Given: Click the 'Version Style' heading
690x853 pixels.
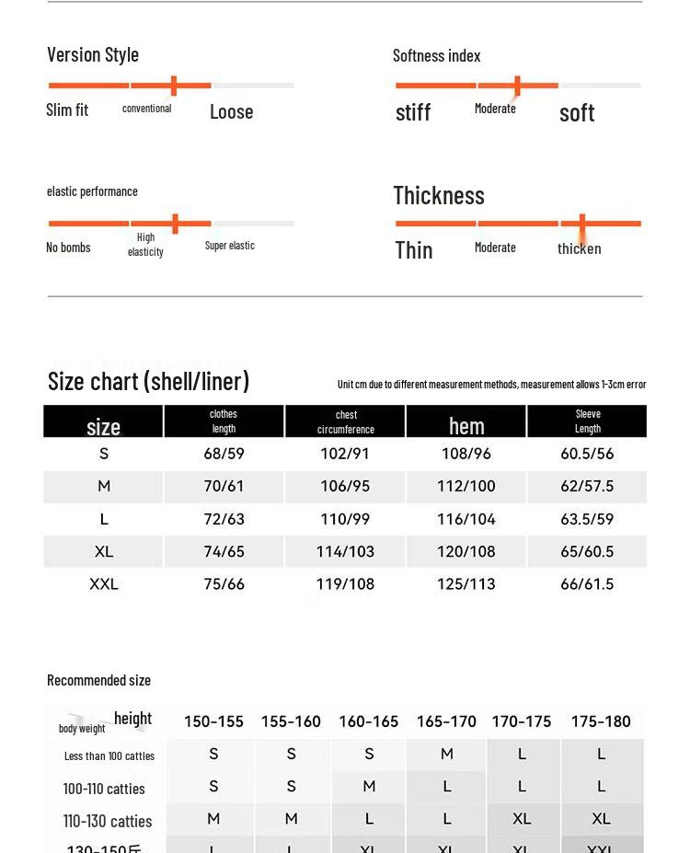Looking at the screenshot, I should (x=93, y=55).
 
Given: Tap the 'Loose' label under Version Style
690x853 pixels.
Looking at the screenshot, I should (x=231, y=112).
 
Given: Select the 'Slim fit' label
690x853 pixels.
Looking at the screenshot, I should (x=67, y=110).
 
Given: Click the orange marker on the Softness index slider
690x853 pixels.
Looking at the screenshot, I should (x=517, y=86).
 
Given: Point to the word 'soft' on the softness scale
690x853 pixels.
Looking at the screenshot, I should (x=577, y=113).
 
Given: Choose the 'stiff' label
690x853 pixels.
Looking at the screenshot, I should (x=413, y=113).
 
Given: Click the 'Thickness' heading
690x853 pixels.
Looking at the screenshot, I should (x=439, y=196).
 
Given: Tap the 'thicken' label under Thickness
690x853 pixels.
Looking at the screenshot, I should (x=580, y=249).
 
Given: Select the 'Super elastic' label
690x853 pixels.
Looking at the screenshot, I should (x=230, y=246).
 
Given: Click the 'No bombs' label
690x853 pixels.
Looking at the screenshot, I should (x=68, y=248).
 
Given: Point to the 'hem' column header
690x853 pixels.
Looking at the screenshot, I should (x=466, y=426).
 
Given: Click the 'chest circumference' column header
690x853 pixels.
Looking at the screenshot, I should (x=346, y=422).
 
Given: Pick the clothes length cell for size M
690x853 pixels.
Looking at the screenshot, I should (x=224, y=486).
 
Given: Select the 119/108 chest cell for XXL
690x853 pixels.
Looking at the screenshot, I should (x=346, y=583).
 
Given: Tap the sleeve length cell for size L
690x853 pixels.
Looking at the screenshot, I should (x=587, y=519).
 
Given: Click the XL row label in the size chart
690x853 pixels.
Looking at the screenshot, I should (x=104, y=551).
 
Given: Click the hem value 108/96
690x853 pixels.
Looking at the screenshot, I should (x=466, y=454).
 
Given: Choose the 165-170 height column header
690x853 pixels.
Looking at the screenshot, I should (x=446, y=721).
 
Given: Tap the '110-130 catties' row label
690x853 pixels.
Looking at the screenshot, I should (x=108, y=821).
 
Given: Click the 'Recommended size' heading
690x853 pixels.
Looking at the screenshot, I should (x=99, y=681).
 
